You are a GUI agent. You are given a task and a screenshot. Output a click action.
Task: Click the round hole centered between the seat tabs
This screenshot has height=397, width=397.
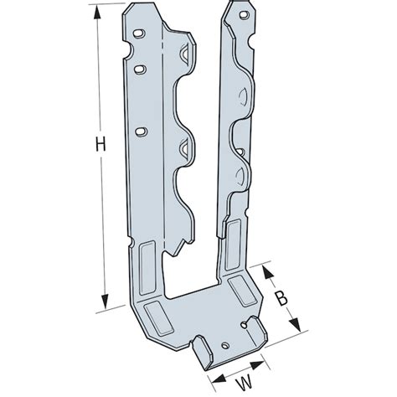point(224,345)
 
